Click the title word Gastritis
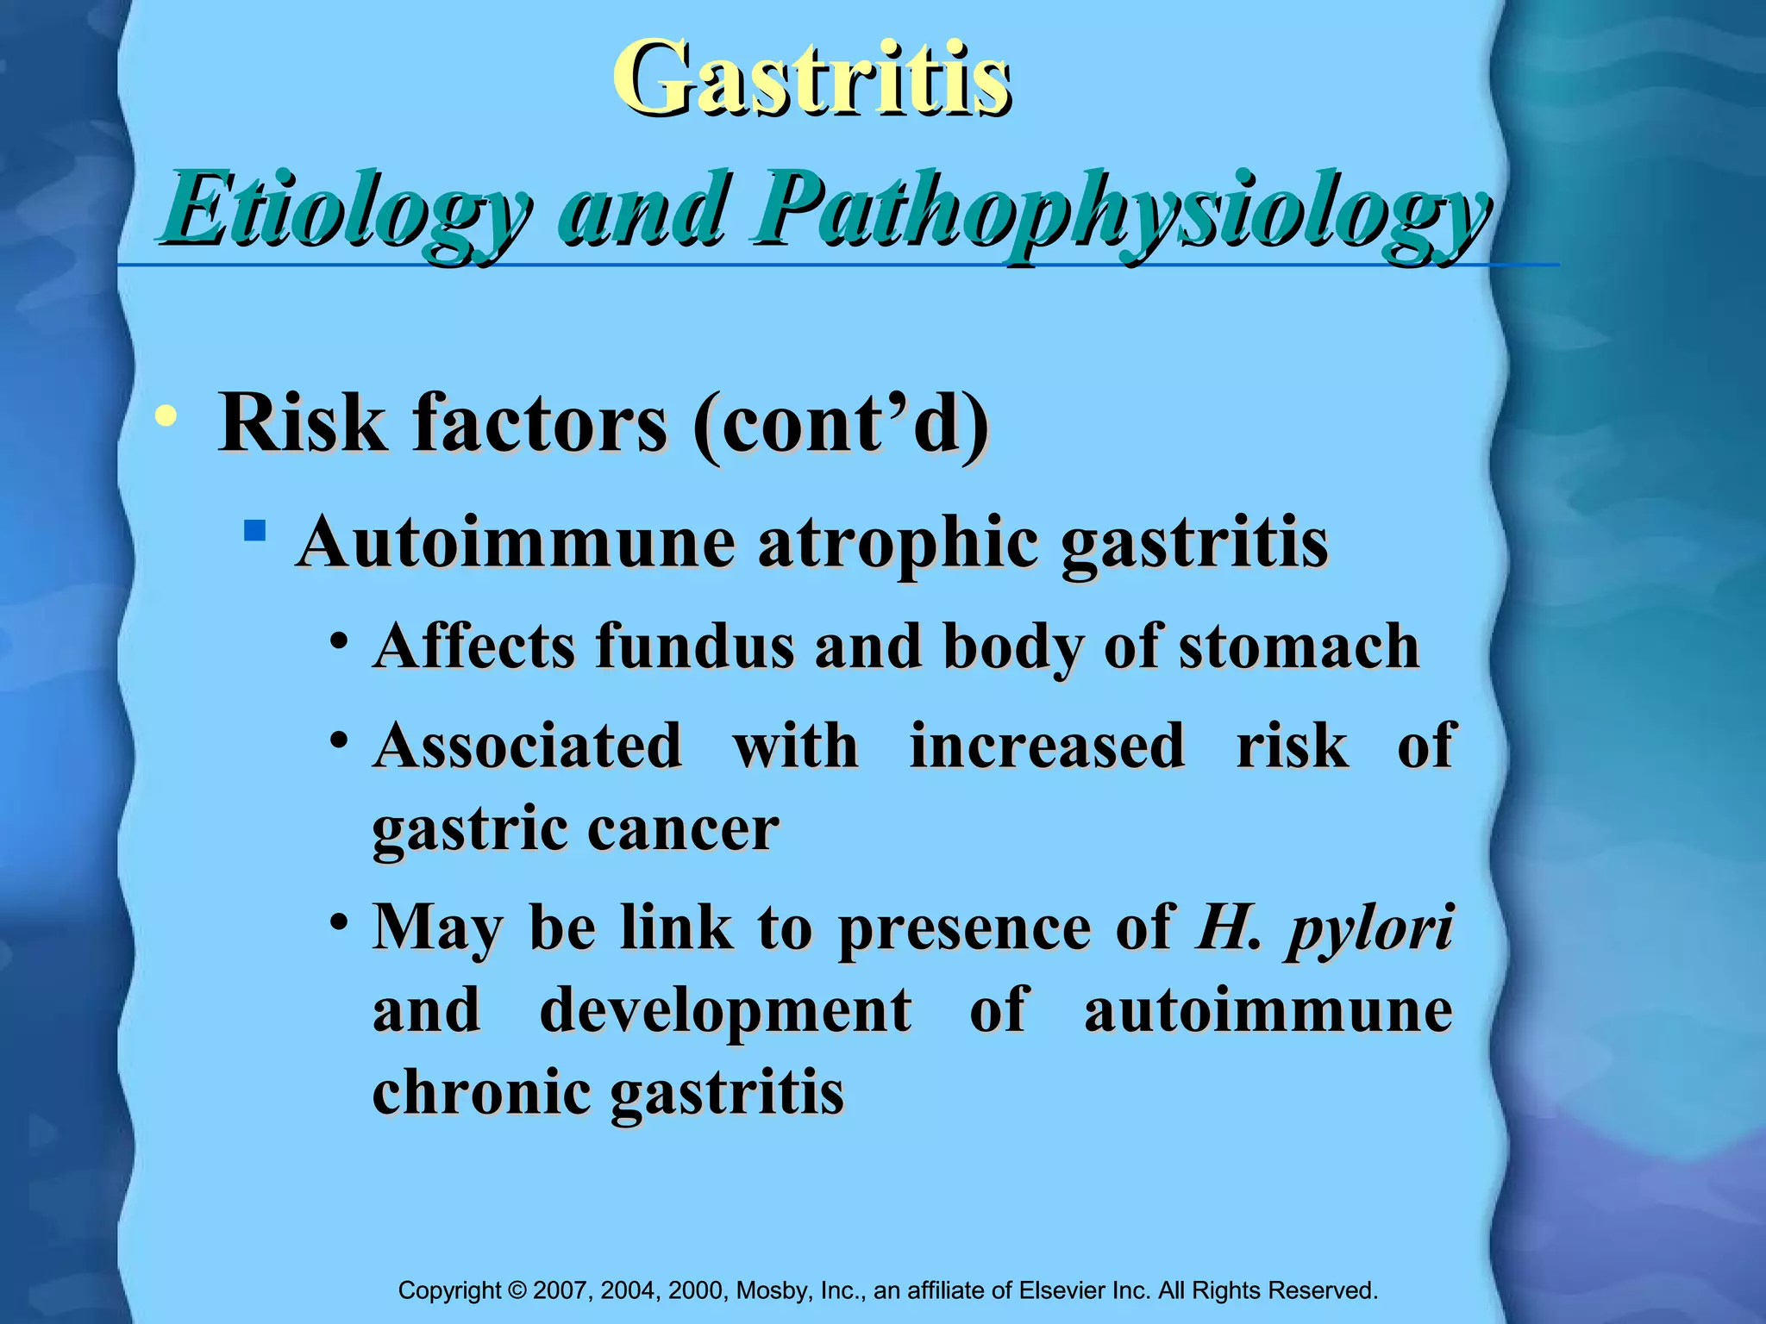(x=811, y=79)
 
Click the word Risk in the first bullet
(x=302, y=423)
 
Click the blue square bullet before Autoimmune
(x=254, y=529)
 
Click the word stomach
(x=1299, y=646)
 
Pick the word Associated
(x=528, y=746)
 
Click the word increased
(x=1047, y=746)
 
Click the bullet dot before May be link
(x=340, y=921)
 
